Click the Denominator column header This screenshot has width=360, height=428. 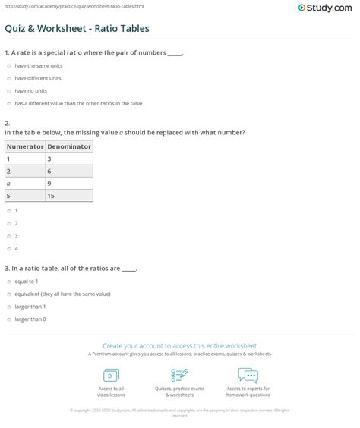coord(69,146)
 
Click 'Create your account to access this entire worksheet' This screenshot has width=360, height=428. coord(180,345)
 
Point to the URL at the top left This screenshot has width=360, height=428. coord(51,6)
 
